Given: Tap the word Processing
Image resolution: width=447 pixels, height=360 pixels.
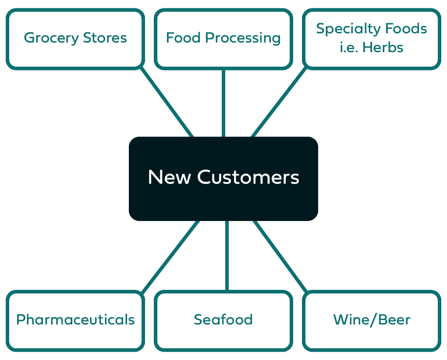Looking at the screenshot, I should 243,38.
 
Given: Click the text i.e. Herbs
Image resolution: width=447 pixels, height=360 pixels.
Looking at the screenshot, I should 372,47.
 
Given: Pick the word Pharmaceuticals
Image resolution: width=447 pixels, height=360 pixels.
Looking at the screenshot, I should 75,320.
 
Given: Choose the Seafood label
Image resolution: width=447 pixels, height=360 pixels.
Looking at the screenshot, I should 223,320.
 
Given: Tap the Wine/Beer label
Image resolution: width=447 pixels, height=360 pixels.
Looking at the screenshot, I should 372,320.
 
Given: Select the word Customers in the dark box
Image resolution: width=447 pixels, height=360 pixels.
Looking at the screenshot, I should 248,178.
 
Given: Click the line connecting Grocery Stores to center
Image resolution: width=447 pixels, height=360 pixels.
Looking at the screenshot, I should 166,102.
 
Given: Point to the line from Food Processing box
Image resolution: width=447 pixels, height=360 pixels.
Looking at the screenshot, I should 223,103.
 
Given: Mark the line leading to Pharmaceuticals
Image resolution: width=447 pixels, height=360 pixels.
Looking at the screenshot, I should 171,256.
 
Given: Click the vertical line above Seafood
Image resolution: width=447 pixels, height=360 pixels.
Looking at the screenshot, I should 227,256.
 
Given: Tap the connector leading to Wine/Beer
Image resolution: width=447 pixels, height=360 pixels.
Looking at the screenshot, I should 279,256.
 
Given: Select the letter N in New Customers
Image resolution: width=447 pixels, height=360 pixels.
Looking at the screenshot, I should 155,178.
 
